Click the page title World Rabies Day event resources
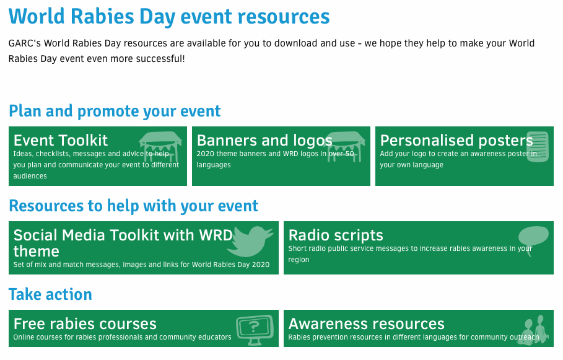click(169, 17)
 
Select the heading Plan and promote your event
click(115, 112)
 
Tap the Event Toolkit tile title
click(61, 140)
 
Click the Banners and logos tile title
click(264, 141)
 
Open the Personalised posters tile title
click(456, 141)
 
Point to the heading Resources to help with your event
click(133, 206)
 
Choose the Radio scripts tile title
click(336, 235)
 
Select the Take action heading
click(50, 294)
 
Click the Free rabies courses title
click(85, 323)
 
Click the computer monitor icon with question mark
click(255, 330)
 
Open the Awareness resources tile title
click(367, 323)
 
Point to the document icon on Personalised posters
click(538, 147)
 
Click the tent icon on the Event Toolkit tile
click(160, 147)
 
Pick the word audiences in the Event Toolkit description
click(30, 176)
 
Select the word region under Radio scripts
click(299, 260)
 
